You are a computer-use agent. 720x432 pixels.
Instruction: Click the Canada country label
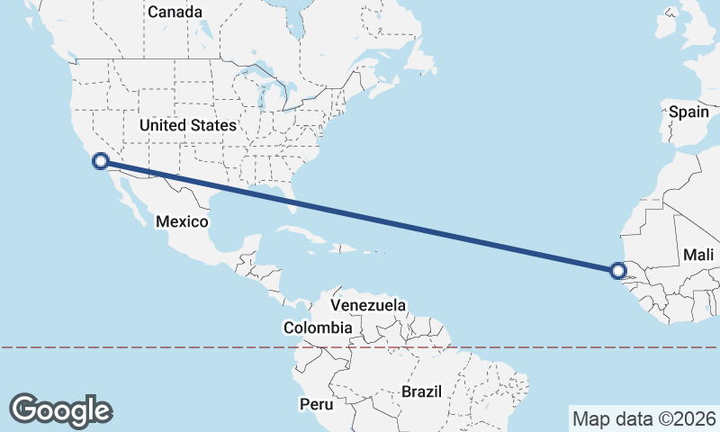175,12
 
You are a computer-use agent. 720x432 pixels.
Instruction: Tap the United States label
188,126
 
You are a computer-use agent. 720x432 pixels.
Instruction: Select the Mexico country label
182,221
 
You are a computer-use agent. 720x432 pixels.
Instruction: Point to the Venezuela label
369,306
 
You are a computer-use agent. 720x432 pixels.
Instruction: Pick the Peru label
315,404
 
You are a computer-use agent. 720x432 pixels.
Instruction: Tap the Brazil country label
422,392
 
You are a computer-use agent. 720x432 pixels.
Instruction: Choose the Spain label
688,112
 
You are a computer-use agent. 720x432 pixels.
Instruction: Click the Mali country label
698,255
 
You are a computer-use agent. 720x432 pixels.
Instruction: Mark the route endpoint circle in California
101,161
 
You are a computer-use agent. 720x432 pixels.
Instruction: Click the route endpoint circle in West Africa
617,270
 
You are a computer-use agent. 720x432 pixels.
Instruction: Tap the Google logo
60,409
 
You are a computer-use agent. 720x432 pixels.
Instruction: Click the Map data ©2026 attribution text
643,418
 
